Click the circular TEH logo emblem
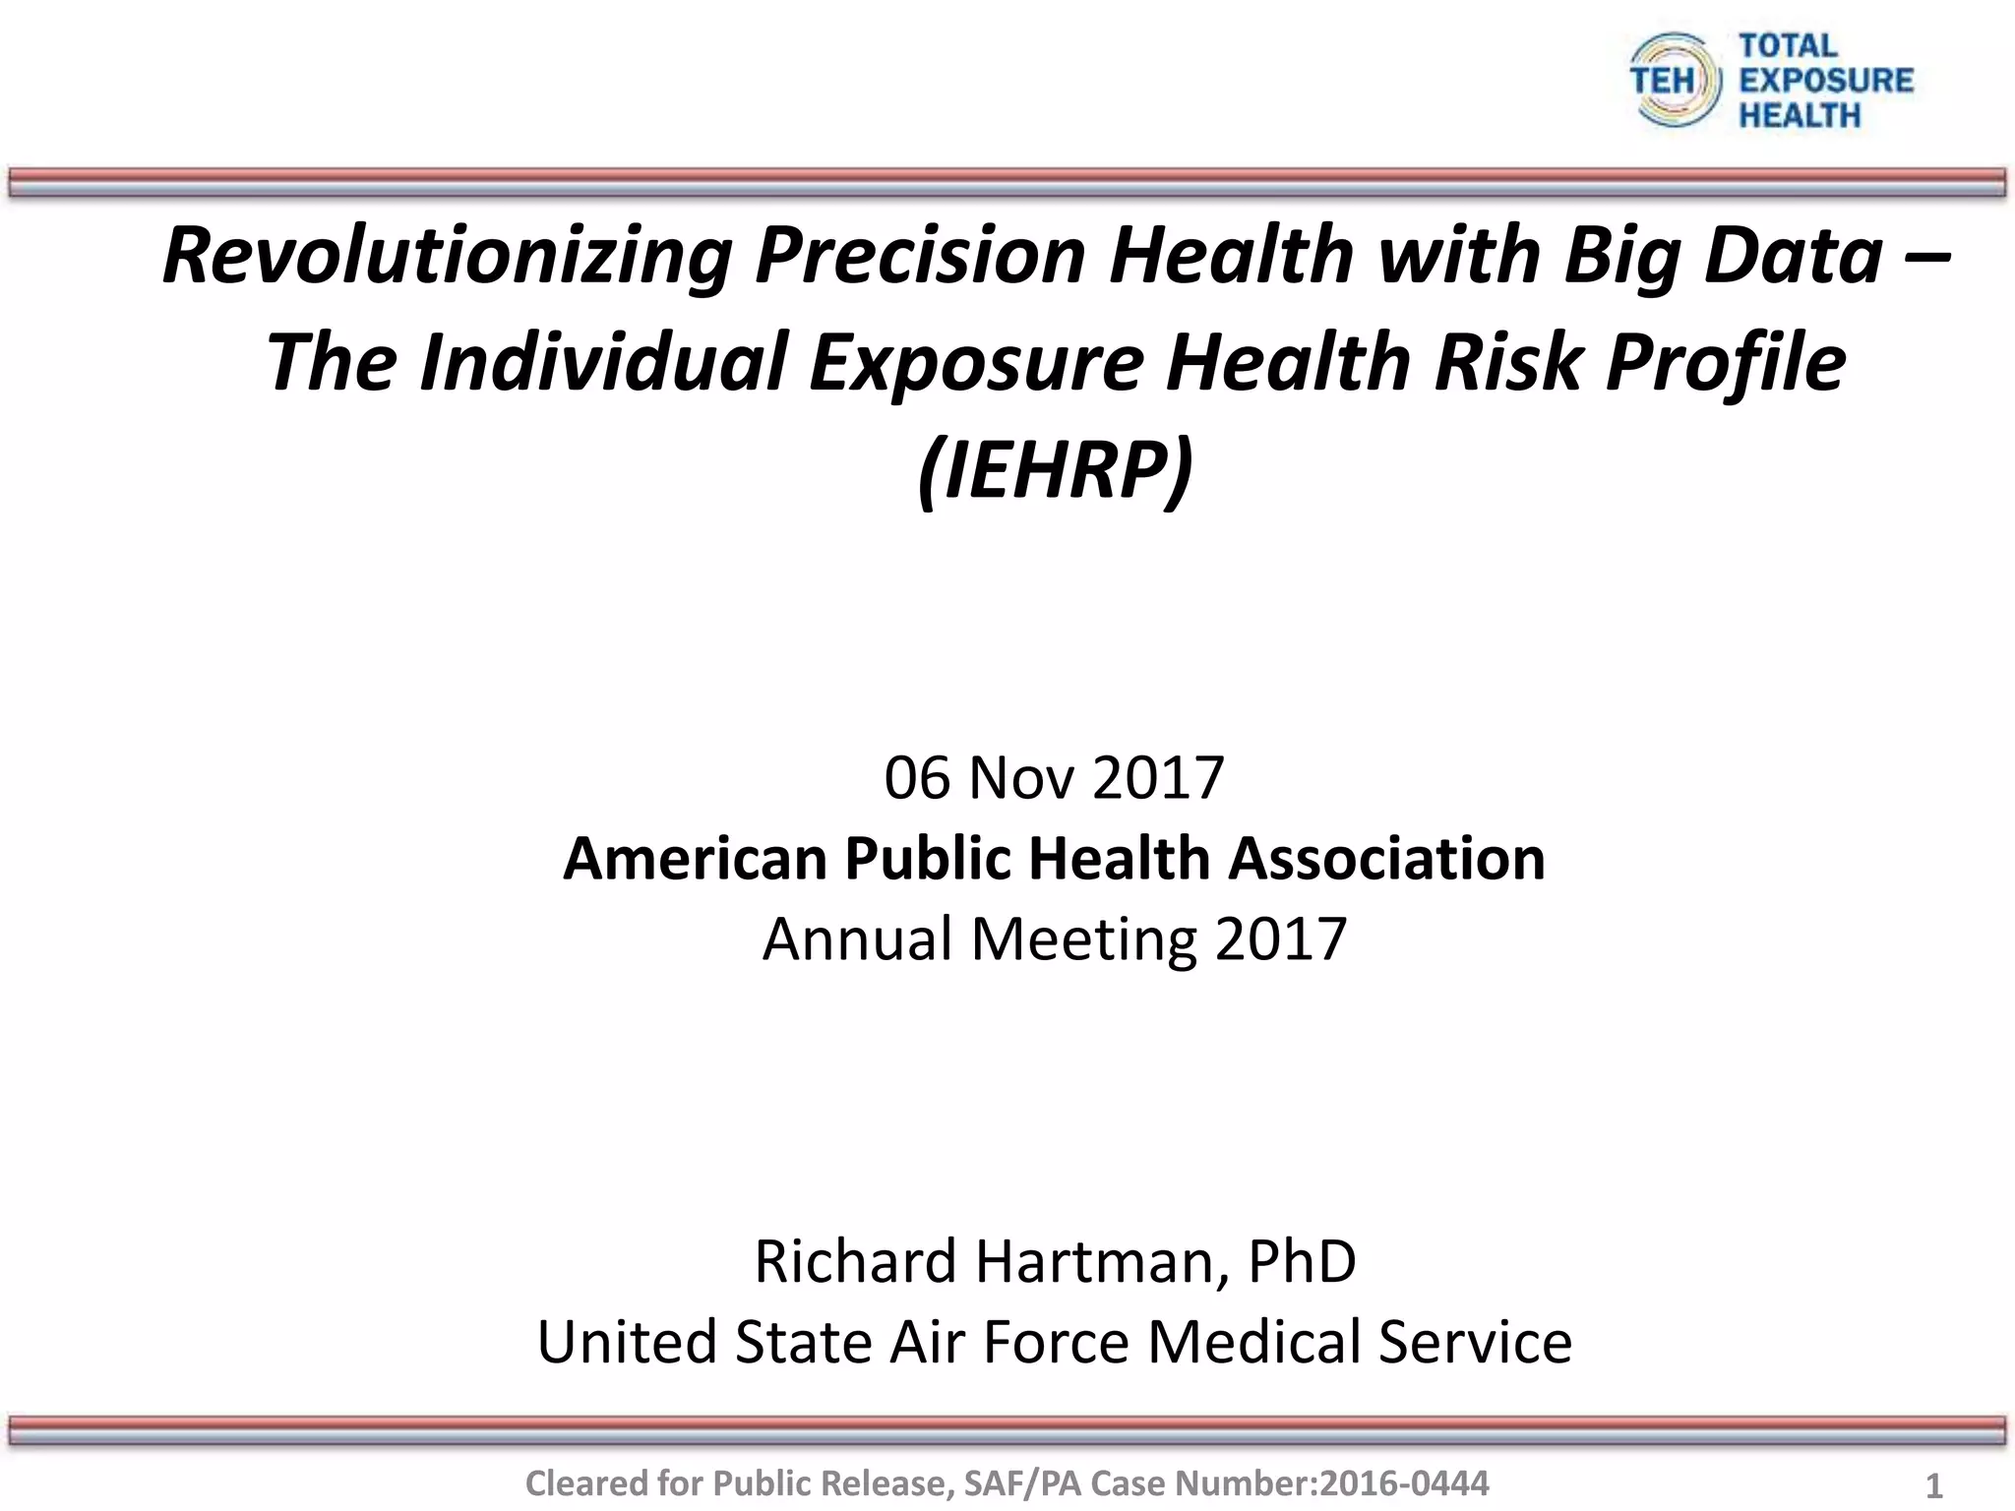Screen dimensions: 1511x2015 point(1676,80)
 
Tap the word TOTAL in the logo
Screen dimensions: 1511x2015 point(1788,45)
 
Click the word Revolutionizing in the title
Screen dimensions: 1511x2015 point(447,256)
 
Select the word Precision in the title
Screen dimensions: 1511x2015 point(919,256)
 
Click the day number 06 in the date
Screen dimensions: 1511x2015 point(917,778)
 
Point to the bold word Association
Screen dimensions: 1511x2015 point(1386,859)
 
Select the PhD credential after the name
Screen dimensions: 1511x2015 point(1302,1262)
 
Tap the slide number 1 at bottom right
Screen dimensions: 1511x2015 point(1933,1485)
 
